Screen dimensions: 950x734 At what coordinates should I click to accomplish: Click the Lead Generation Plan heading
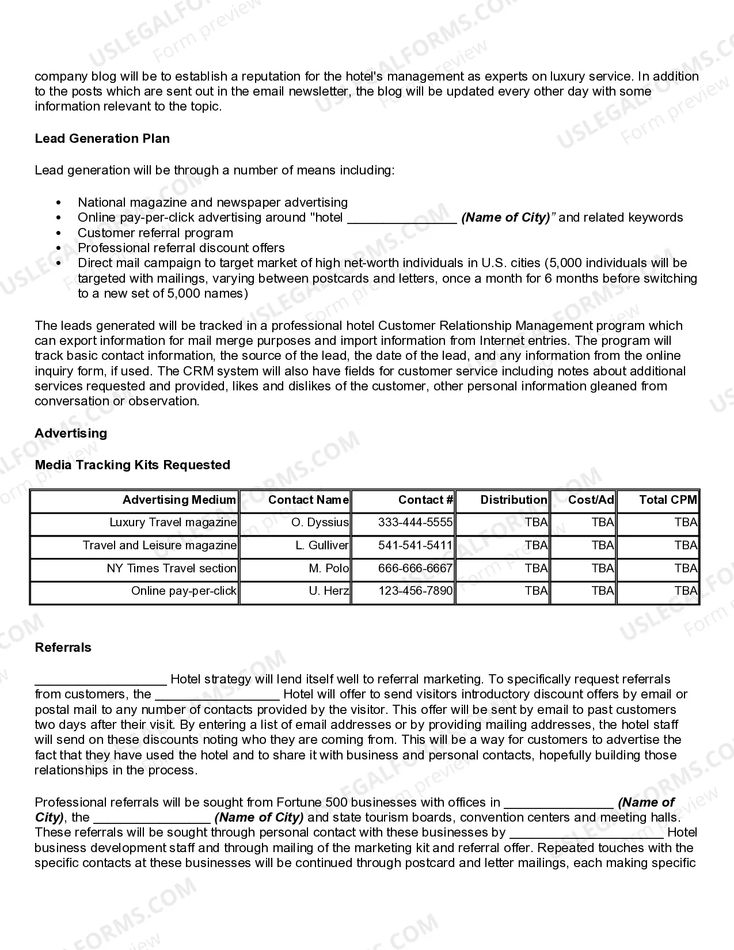[x=102, y=138]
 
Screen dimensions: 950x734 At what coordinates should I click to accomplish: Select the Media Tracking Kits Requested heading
[x=132, y=465]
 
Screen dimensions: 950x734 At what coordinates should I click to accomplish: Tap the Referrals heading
[x=63, y=647]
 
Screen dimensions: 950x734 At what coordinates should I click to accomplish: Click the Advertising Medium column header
[x=179, y=500]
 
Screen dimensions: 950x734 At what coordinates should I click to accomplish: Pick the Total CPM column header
[x=668, y=500]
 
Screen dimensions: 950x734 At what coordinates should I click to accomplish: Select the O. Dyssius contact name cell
[x=320, y=522]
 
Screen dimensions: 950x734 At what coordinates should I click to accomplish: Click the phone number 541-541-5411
[x=415, y=545]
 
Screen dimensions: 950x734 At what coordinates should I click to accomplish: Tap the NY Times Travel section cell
[x=172, y=568]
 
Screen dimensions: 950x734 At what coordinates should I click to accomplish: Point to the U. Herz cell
[x=329, y=591]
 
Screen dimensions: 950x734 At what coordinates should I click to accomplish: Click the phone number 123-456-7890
[x=415, y=591]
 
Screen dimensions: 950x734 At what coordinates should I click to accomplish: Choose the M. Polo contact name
[x=329, y=568]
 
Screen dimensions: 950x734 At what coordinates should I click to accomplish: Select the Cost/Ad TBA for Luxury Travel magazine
[x=603, y=522]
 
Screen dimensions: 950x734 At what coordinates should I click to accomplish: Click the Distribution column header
[x=514, y=500]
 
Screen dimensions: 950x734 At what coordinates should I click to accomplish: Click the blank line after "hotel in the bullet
[x=402, y=219]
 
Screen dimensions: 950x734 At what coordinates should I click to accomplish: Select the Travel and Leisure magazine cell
[x=159, y=545]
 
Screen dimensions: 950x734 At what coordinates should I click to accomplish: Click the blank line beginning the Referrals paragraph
[x=100, y=681]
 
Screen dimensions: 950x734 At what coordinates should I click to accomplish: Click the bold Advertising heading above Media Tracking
[x=71, y=433]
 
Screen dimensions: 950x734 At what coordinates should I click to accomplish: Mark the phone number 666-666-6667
[x=415, y=568]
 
